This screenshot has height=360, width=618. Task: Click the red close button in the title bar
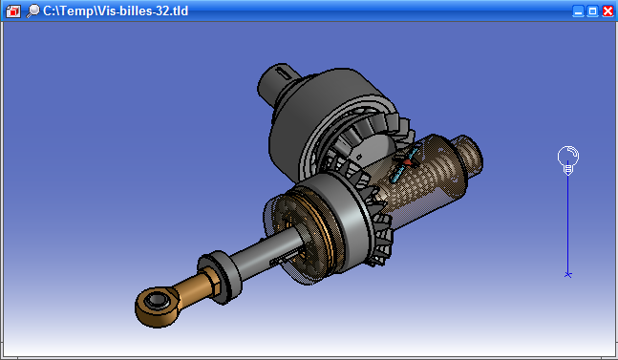(x=607, y=11)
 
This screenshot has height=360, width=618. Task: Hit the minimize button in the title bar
(x=578, y=11)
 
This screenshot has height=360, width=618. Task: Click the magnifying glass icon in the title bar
(x=33, y=11)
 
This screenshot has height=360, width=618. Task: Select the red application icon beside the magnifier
(x=13, y=11)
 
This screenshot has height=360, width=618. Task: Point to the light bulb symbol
(x=568, y=159)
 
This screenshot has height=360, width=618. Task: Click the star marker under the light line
(x=568, y=274)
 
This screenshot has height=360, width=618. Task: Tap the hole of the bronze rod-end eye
(x=158, y=301)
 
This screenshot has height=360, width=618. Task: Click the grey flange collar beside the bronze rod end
(x=222, y=276)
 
